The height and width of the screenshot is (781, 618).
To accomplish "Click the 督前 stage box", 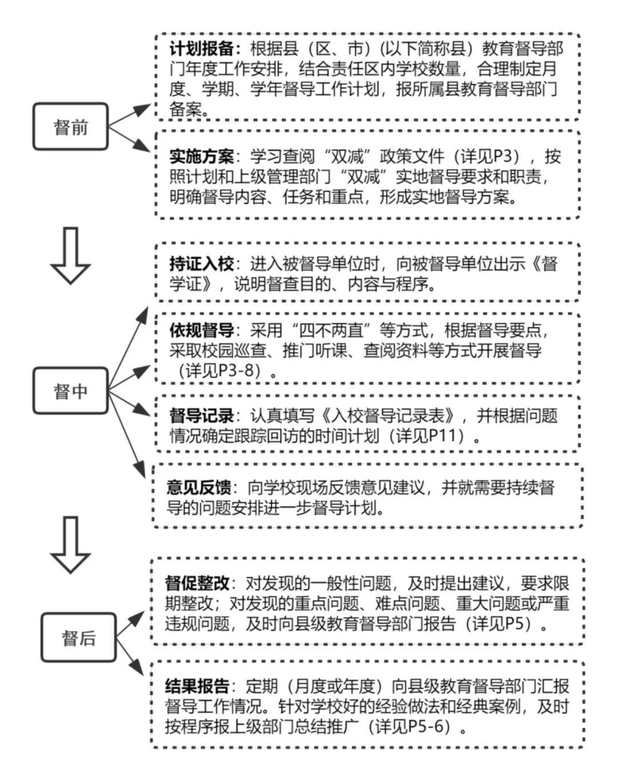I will pyautogui.click(x=70, y=126).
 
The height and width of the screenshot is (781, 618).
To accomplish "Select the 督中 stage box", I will pyautogui.click(x=70, y=391).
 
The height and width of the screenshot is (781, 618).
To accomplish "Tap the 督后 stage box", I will pyautogui.click(x=78, y=637).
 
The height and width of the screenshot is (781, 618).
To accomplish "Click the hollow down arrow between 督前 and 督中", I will pyautogui.click(x=70, y=255).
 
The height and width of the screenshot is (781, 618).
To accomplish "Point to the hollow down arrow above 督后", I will pyautogui.click(x=70, y=545).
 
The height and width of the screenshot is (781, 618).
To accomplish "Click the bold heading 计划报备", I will pyautogui.click(x=201, y=49).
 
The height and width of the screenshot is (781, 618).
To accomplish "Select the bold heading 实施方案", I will pyautogui.click(x=201, y=157).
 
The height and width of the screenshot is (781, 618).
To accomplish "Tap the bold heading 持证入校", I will pyautogui.click(x=201, y=264).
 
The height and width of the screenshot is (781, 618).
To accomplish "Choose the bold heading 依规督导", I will pyautogui.click(x=201, y=330).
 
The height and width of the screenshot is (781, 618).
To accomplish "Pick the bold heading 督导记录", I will pyautogui.click(x=201, y=416).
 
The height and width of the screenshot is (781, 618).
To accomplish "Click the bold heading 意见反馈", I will pyautogui.click(x=199, y=487).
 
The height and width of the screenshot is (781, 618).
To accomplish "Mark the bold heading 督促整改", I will pyautogui.click(x=197, y=583).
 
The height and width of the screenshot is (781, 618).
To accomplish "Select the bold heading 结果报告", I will pyautogui.click(x=197, y=686).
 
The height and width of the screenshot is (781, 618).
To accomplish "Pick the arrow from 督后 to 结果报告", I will pyautogui.click(x=131, y=655).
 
